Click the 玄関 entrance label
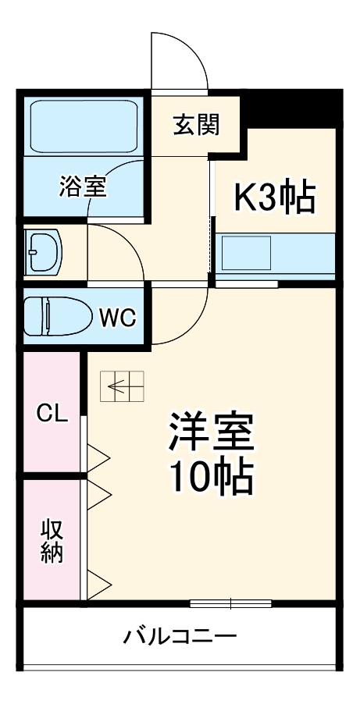[x=197, y=125]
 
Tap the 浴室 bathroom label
[x=83, y=187]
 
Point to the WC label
[x=118, y=318]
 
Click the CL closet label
[x=52, y=413]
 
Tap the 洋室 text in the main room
[x=211, y=432]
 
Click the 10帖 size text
[x=211, y=476]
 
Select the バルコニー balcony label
[x=180, y=636]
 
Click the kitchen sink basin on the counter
[x=247, y=253]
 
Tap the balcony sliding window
[x=230, y=603]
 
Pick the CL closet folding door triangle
[x=98, y=458]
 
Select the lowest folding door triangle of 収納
[x=98, y=584]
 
